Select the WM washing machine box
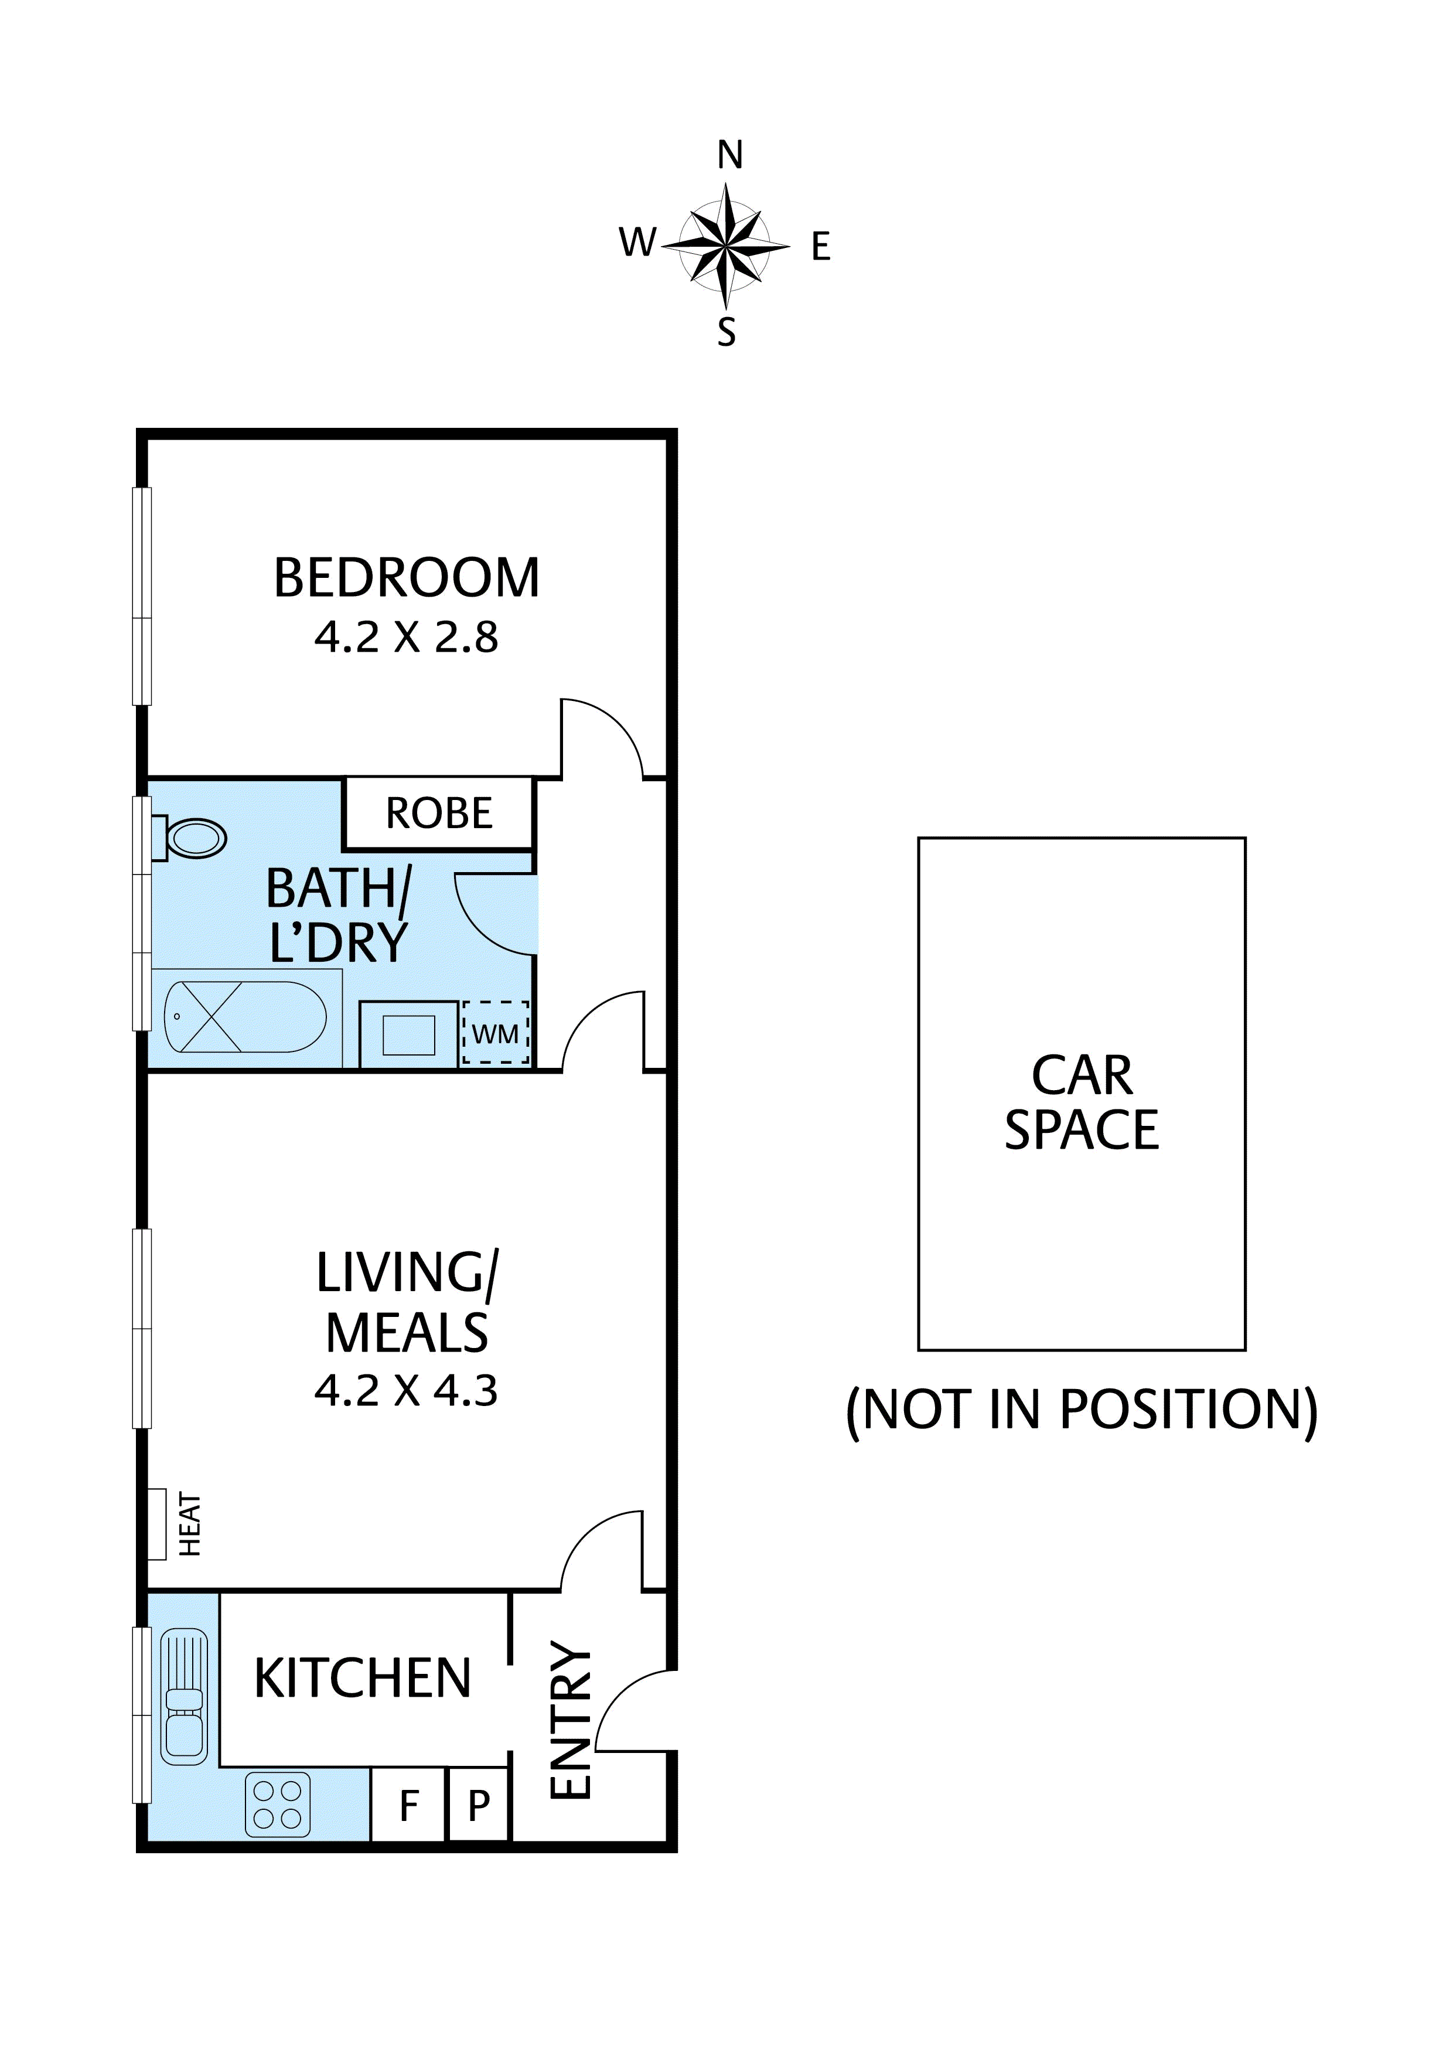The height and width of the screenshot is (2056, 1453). (495, 1033)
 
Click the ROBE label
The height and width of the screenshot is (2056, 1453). (439, 813)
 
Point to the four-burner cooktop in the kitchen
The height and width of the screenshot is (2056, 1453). (278, 1805)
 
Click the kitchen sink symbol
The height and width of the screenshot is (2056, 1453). (185, 1697)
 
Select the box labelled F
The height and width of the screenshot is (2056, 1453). (408, 1805)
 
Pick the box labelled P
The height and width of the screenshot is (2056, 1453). (479, 1805)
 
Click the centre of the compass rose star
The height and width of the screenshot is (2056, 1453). (726, 244)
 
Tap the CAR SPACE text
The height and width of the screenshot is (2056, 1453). (1082, 1102)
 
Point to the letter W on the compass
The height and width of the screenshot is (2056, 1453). (637, 243)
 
